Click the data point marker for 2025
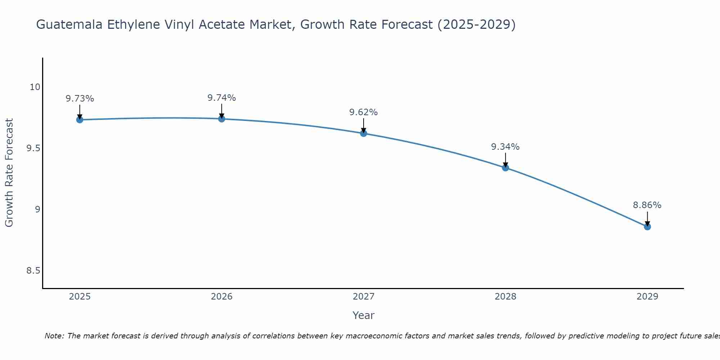point(80,120)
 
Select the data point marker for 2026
point(222,118)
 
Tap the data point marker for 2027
point(364,133)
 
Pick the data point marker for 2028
point(505,167)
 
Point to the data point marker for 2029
point(647,226)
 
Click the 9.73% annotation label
point(80,99)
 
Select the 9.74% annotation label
point(222,98)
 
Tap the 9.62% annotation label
point(364,112)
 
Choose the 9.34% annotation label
point(505,147)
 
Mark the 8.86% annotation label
point(647,205)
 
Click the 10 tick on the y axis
point(35,87)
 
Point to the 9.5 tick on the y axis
point(33,148)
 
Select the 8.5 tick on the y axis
point(33,271)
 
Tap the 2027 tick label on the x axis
point(364,297)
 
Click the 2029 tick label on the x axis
point(647,297)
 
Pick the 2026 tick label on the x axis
point(222,297)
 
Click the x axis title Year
point(364,315)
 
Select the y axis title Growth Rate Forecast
point(9,173)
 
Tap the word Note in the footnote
point(54,336)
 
